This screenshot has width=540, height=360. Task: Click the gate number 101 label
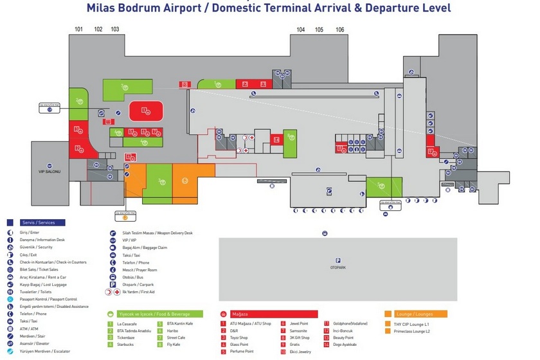point(79,30)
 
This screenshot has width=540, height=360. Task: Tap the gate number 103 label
point(115,30)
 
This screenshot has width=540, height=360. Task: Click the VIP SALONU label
point(49,172)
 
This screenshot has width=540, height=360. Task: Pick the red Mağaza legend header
point(240,314)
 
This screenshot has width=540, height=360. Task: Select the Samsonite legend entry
point(298,330)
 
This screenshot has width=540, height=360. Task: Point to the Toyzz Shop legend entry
point(239,337)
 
